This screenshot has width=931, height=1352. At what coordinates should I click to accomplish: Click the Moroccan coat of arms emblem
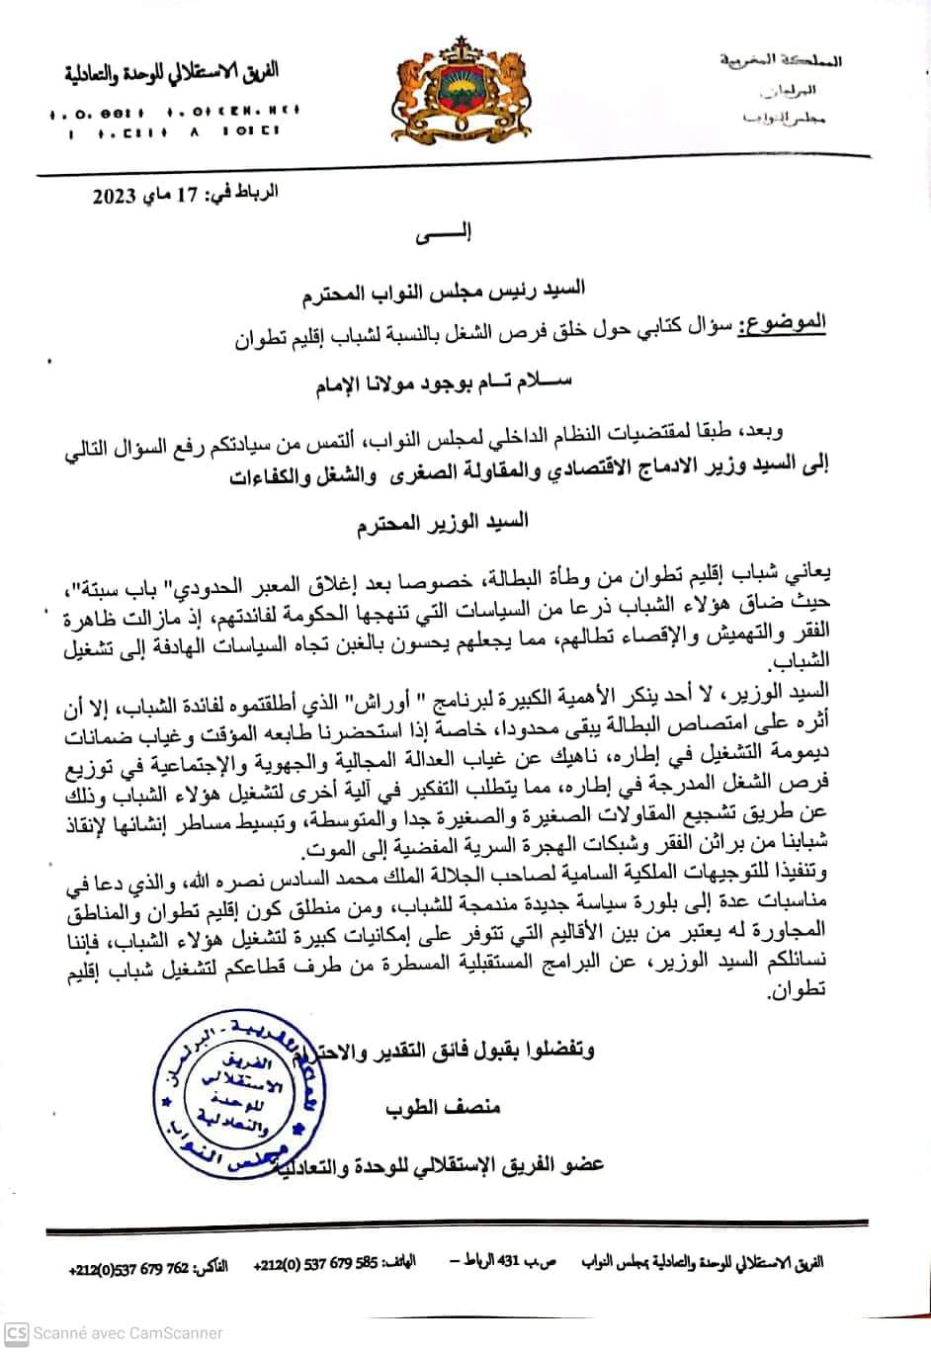465,89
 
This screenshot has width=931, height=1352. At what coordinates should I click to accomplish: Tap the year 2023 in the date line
117,195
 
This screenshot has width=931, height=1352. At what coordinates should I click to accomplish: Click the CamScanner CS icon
17,1332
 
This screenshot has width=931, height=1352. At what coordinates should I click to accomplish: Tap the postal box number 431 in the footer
520,1263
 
